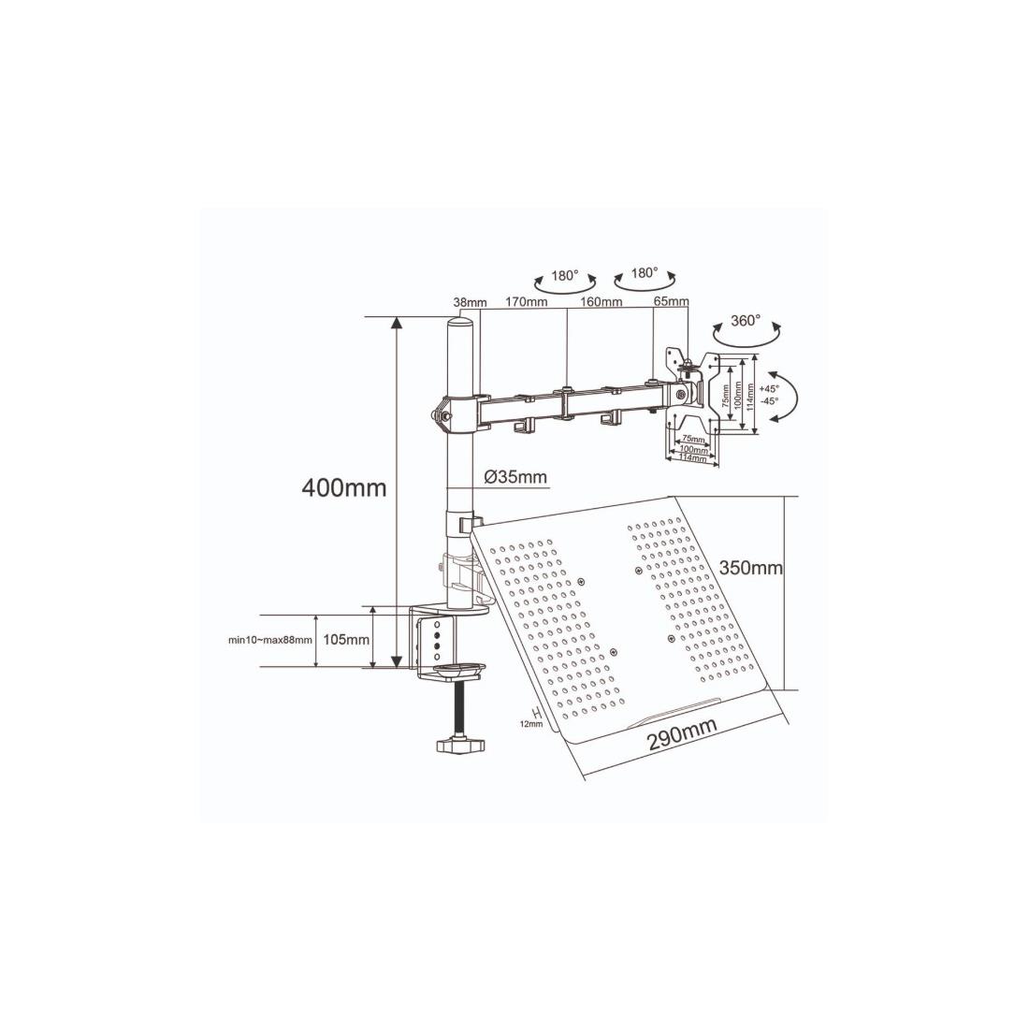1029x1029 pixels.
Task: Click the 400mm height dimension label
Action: (x=344, y=487)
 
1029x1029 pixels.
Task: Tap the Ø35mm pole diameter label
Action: (x=515, y=476)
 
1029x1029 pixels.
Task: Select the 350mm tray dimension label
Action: (x=751, y=567)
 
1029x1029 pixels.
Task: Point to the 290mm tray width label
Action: (x=682, y=732)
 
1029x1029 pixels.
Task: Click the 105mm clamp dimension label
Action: (x=346, y=640)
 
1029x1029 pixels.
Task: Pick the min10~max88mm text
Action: (x=269, y=641)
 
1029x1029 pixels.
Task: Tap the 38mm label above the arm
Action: (x=470, y=302)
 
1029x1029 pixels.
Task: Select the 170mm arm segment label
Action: (x=526, y=302)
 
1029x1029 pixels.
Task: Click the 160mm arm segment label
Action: (x=601, y=302)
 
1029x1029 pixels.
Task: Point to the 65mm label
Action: (x=671, y=302)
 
